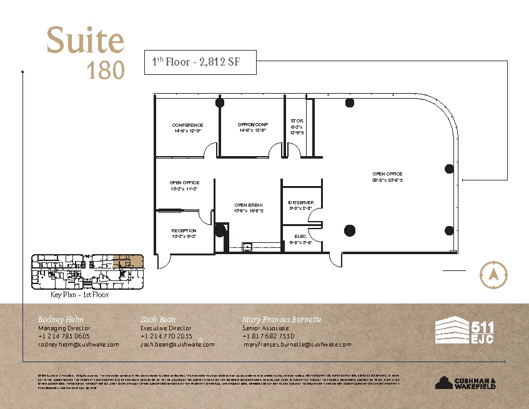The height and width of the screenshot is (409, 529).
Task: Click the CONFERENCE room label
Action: click(187, 126)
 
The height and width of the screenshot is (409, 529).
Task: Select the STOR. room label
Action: click(297, 121)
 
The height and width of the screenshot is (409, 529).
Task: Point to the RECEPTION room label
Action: click(184, 231)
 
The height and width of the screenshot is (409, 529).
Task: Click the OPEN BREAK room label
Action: click(249, 205)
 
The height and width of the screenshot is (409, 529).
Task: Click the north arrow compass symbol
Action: click(493, 274)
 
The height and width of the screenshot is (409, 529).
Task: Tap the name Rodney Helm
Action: click(60, 319)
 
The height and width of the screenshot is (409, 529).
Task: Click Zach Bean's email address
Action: click(177, 344)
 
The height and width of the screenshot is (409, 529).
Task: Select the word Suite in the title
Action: click(85, 41)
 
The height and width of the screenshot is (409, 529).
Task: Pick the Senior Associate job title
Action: click(265, 328)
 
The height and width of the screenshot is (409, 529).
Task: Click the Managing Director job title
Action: click(64, 328)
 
